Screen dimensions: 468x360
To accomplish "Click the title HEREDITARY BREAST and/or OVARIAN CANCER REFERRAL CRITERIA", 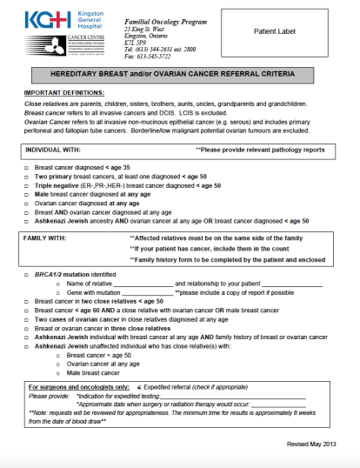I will pos(179,76).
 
